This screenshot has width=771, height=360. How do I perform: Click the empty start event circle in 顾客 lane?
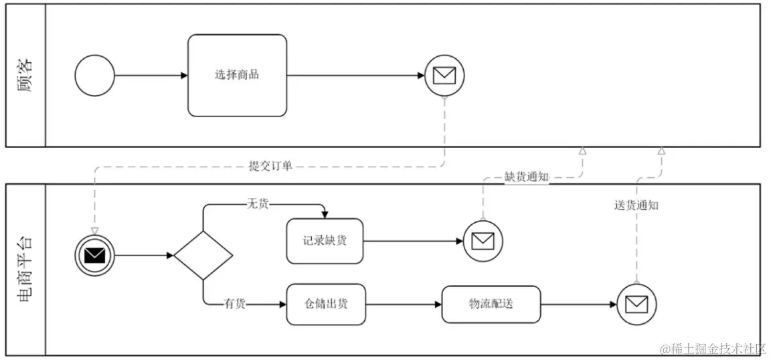coord(94,76)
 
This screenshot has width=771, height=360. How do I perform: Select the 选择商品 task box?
coord(237,75)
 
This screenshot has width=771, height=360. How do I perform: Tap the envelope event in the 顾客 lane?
coord(444,76)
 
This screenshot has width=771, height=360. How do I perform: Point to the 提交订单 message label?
coord(270,167)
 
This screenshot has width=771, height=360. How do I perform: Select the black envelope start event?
coord(95,255)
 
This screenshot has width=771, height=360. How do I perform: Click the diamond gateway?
coord(203,255)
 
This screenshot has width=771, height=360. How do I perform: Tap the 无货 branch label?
coord(258,204)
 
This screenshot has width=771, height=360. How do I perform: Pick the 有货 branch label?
coord(234,304)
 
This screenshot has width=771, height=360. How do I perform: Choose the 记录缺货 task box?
coord(325,241)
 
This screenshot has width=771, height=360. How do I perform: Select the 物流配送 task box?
coord(491,304)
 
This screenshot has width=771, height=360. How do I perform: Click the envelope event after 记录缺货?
coord(483,240)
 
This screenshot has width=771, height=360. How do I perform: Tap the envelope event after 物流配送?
coord(636,304)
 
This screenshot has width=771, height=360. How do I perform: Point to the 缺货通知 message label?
coord(526,178)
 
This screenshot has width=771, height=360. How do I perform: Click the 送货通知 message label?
coord(636,205)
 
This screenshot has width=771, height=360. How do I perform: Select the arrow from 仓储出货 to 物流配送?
coord(404,304)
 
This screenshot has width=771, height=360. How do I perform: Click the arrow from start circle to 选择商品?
coord(151,76)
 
